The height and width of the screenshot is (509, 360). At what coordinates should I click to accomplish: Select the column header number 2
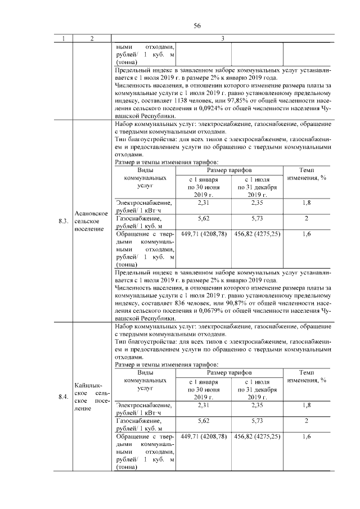click(92, 38)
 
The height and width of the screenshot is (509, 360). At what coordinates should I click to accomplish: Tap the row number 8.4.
click(64, 397)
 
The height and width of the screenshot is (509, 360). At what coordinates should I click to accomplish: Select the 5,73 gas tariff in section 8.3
click(256, 218)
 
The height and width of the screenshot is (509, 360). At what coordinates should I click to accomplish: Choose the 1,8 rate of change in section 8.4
click(307, 404)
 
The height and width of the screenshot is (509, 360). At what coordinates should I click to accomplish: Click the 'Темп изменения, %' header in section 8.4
click(307, 376)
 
